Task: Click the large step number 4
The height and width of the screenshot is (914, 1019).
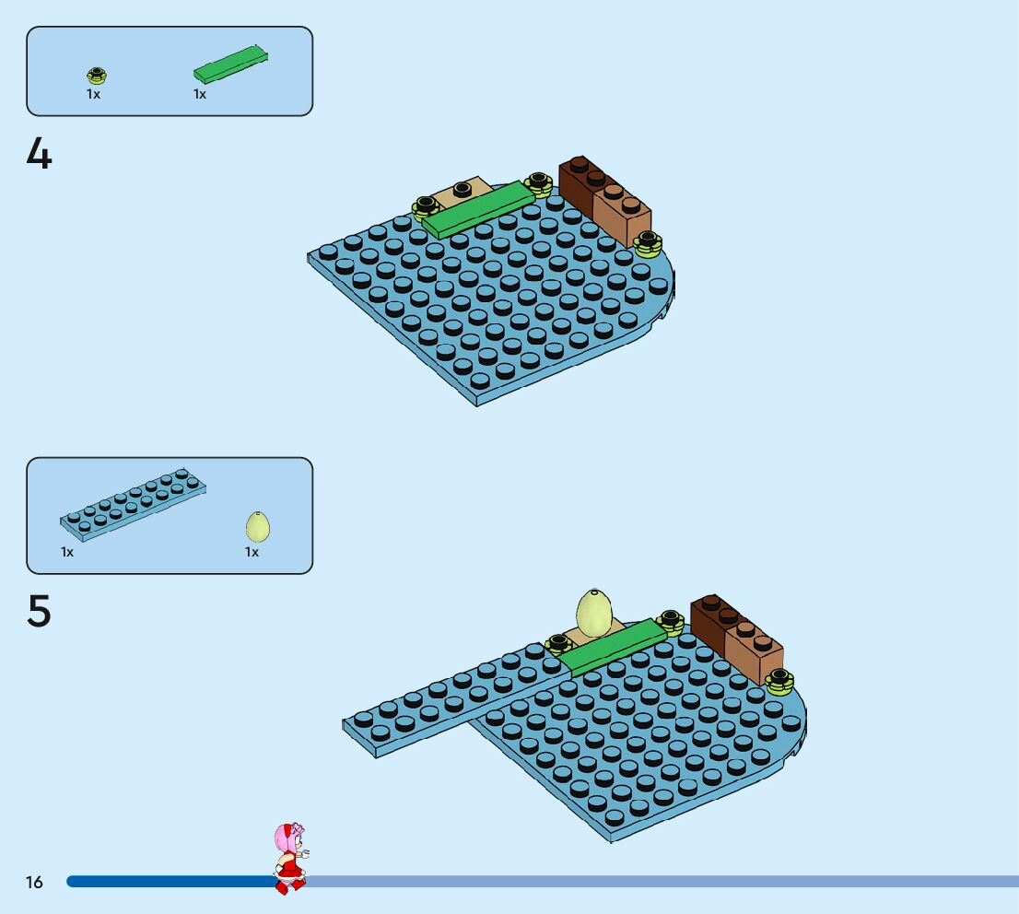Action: (x=39, y=154)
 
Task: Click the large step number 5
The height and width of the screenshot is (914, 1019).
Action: (x=39, y=612)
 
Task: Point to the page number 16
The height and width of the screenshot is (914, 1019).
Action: (x=34, y=883)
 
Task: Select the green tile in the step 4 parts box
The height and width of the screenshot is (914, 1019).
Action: (x=230, y=64)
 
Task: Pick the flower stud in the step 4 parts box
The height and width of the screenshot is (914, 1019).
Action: (x=96, y=76)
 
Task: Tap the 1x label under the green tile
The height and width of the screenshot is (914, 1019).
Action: (x=200, y=94)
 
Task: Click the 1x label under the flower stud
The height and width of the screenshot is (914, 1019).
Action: (x=93, y=94)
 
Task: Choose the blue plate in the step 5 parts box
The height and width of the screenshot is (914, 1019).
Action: (x=134, y=505)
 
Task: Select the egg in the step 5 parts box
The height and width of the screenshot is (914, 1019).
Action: (x=258, y=527)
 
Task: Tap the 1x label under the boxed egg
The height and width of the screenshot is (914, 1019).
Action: (x=252, y=552)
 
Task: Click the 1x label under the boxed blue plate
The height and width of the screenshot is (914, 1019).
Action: (x=67, y=552)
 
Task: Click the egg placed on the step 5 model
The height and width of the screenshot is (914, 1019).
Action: (x=595, y=612)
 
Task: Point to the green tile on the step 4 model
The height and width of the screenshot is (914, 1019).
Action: (x=477, y=211)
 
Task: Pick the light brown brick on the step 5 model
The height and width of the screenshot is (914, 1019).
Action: (x=754, y=651)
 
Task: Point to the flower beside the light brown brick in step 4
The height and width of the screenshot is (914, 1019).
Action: (x=649, y=243)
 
